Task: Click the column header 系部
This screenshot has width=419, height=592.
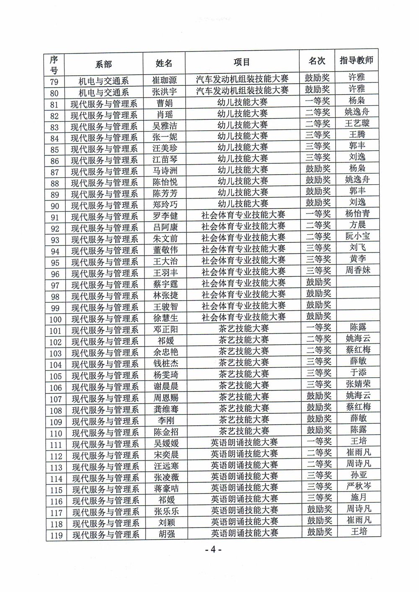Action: pos(104,64)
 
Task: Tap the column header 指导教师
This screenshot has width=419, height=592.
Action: pos(356,61)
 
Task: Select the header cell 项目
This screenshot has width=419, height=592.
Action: pos(242,62)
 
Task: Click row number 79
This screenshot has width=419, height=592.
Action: pos(54,82)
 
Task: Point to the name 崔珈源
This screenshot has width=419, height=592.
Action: pos(164,80)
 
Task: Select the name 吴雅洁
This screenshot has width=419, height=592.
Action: pos(165,125)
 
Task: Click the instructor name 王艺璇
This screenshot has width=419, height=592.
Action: pos(357,123)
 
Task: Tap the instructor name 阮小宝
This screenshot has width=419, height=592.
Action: pos(357,236)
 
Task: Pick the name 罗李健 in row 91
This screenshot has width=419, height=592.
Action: pos(165,216)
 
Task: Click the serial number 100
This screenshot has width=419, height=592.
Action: pos(55,319)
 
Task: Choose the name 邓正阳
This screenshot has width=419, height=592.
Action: pos(166,329)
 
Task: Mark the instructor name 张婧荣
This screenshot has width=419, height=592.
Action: pos(358,384)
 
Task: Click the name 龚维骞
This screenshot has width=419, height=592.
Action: pos(166,409)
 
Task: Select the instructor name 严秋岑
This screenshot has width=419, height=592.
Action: pos(359,486)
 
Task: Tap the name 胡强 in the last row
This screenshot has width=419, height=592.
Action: pos(166,534)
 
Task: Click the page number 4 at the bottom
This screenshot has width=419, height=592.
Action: pos(213,549)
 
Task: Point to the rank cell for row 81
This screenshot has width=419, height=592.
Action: pos(318,101)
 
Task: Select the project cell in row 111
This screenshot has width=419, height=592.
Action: pos(244,442)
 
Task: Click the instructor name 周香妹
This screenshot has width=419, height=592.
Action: pos(358,270)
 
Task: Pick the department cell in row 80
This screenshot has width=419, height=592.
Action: pos(104,92)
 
